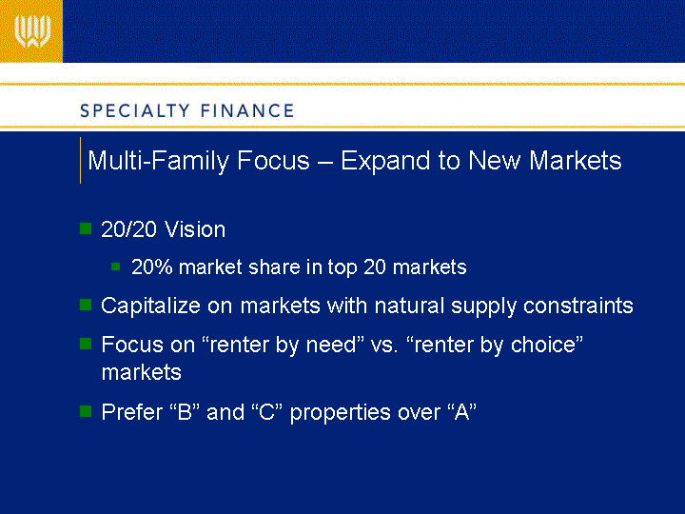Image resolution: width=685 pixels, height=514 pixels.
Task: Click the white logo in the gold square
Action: (32, 31)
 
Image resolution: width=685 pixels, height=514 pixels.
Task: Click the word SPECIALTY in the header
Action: (135, 111)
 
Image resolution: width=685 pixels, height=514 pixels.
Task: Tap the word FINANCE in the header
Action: (247, 111)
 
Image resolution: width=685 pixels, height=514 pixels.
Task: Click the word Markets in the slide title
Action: (575, 161)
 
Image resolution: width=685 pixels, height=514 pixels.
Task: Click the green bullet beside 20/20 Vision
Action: (86, 228)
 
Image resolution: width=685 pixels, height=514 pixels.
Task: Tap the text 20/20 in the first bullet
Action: (128, 229)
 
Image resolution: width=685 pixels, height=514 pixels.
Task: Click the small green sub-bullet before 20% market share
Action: (116, 267)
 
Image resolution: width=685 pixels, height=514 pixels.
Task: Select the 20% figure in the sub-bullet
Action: (152, 267)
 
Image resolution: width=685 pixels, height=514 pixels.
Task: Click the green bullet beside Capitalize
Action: (86, 305)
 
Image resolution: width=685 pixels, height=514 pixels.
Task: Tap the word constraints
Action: (578, 306)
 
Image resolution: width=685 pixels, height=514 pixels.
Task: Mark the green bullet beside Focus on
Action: (86, 344)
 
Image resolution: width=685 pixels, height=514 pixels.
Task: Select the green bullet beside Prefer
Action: (86, 411)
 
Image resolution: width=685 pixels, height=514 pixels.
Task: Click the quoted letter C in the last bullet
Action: (266, 412)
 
